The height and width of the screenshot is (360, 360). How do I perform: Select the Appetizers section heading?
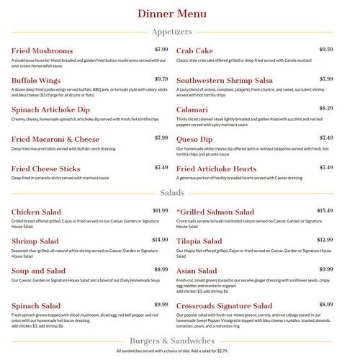pyautogui.click(x=179, y=32)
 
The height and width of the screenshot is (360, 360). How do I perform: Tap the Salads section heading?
pyautogui.click(x=179, y=192)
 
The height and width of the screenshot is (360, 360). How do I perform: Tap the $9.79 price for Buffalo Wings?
pyautogui.click(x=161, y=79)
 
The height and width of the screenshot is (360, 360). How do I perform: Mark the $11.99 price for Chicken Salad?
pyautogui.click(x=159, y=211)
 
